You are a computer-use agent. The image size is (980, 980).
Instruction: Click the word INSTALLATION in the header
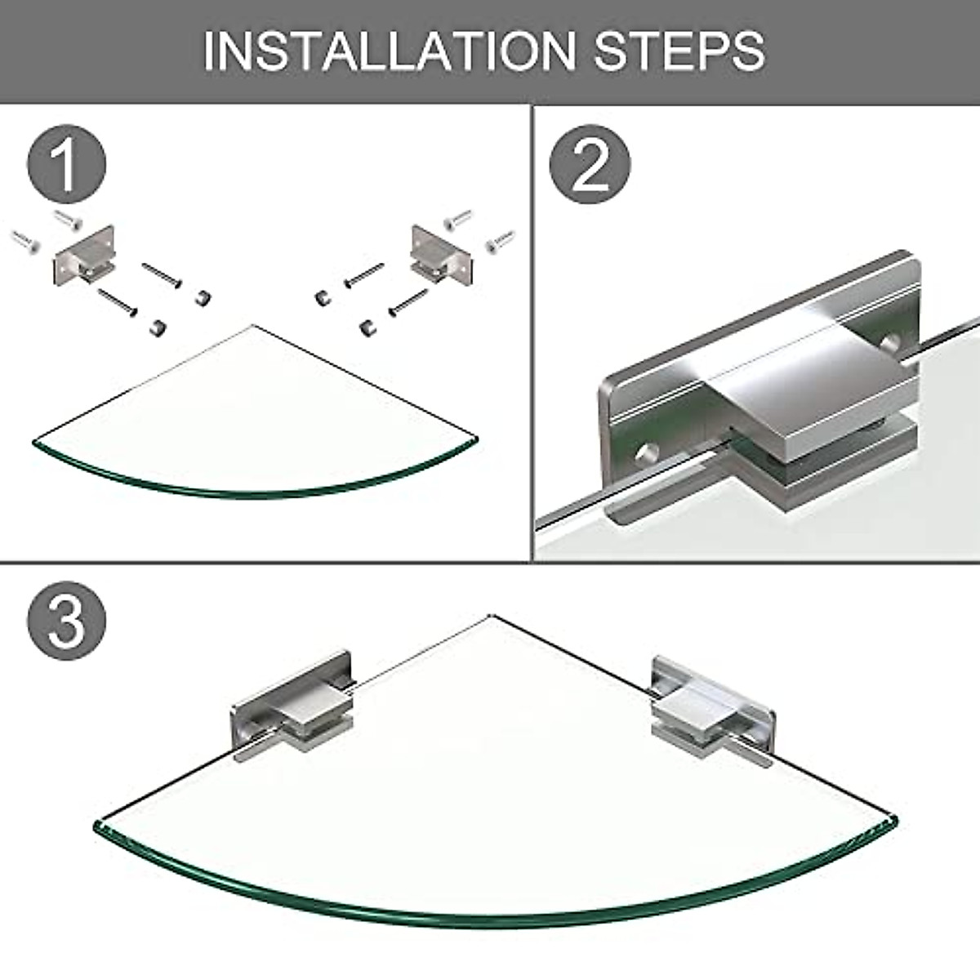pyautogui.click(x=389, y=51)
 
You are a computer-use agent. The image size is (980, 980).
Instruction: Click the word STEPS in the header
pyautogui.click(x=679, y=51)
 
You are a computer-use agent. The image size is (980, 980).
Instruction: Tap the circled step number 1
pyautogui.click(x=67, y=164)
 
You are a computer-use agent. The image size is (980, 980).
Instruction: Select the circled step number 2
pyautogui.click(x=590, y=164)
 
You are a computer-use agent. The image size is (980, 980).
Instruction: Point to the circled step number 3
pyautogui.click(x=67, y=621)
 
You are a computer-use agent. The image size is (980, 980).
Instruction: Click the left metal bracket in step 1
pyautogui.click(x=84, y=255)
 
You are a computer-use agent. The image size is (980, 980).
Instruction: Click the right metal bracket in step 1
pyautogui.click(x=442, y=255)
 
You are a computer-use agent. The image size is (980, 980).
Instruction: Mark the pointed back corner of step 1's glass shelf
pyautogui.click(x=252, y=326)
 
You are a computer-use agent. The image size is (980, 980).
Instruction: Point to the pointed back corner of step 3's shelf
pyautogui.click(x=489, y=616)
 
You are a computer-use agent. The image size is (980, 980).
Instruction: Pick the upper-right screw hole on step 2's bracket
pyautogui.click(x=890, y=341)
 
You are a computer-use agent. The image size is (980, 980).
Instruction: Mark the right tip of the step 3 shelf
pyautogui.click(x=896, y=820)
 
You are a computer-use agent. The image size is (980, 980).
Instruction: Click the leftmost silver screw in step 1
pyautogui.click(x=25, y=242)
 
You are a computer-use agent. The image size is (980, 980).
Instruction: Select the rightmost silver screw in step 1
pyautogui.click(x=501, y=241)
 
